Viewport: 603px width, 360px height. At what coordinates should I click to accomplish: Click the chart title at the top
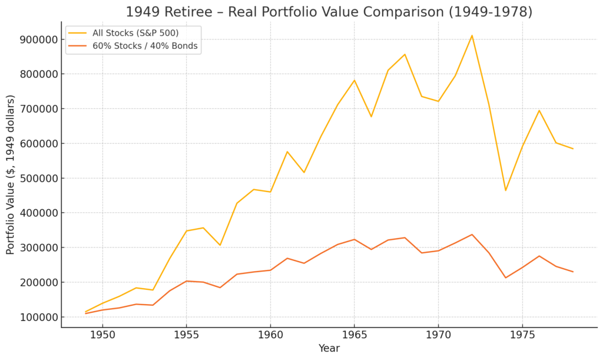coord(329,12)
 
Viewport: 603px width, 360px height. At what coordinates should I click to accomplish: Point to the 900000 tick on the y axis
coord(39,39)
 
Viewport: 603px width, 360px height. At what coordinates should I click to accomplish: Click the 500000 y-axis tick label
coord(39,179)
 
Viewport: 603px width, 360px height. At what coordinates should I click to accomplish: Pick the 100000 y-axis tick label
coord(39,318)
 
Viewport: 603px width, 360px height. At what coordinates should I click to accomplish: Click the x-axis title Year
coord(329,348)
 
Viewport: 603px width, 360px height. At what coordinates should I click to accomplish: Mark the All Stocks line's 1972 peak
coord(472,35)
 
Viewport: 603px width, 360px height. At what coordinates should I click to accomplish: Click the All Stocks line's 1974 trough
coord(505,190)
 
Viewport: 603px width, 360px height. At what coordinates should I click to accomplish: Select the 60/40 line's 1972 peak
coord(472,235)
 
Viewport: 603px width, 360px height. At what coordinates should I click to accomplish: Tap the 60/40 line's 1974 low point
coord(505,278)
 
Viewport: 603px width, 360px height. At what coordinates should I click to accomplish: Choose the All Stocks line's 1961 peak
coord(287,151)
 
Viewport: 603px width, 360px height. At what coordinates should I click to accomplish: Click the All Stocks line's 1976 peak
coord(539,110)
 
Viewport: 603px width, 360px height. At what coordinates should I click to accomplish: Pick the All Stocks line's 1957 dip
coord(220,245)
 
